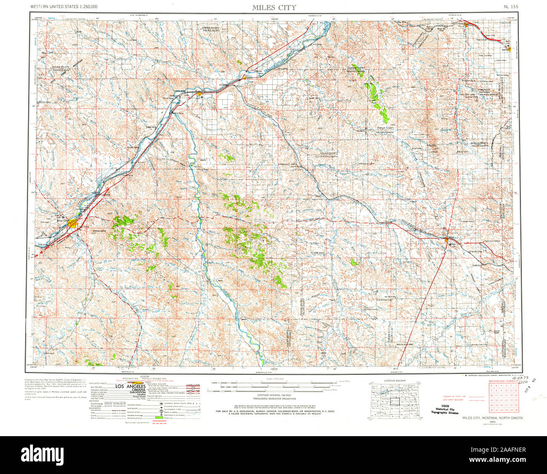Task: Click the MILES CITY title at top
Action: (x=274, y=8)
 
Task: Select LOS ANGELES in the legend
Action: (x=130, y=386)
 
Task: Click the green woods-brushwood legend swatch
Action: (x=159, y=417)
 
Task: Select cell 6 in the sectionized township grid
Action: (x=491, y=386)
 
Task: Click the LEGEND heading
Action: (x=145, y=376)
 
